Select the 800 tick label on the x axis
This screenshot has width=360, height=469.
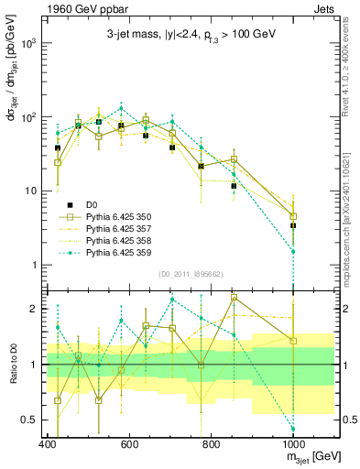point(211,444)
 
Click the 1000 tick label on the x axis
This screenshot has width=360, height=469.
point(292,444)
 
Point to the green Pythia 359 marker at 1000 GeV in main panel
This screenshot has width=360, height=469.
point(293,251)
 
